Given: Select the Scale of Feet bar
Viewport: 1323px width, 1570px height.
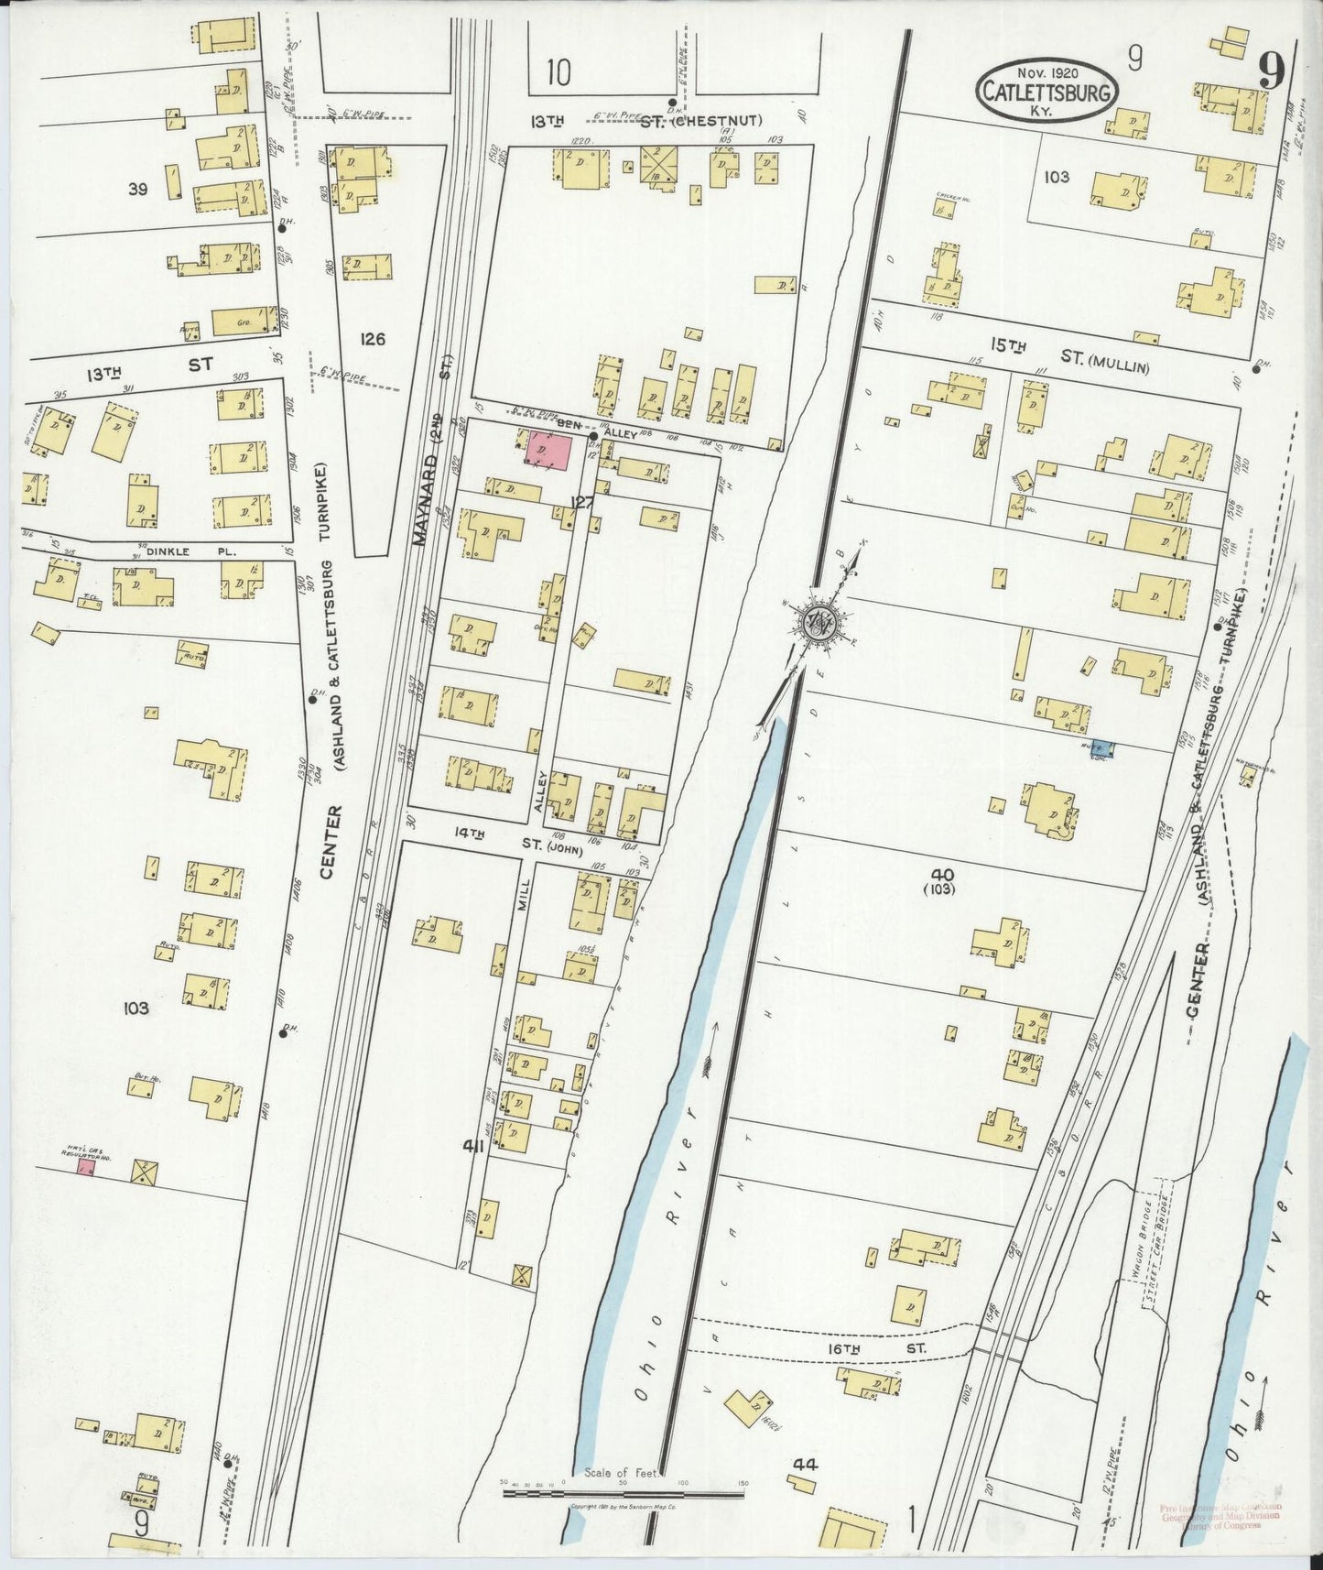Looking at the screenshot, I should coord(625,1492).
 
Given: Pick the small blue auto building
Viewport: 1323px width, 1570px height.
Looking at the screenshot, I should coord(1101,748).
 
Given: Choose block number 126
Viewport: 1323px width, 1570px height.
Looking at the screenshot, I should coord(372,339).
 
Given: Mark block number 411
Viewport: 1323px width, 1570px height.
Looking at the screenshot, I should coord(472,1146).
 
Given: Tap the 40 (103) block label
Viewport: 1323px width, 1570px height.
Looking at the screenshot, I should coord(939,880).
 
